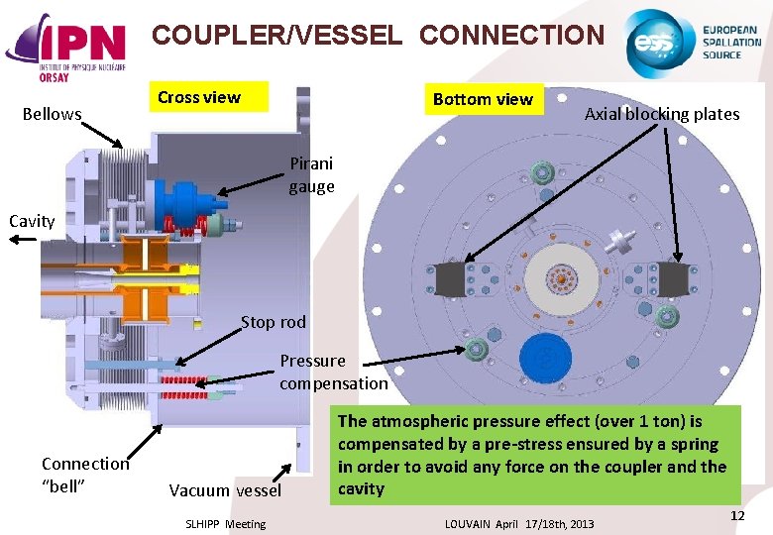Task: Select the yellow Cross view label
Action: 199,97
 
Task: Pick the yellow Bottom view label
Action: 483,99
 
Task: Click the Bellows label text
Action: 52,114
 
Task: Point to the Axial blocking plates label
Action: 662,114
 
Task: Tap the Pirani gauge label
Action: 311,174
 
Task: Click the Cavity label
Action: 32,221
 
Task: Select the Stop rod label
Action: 274,322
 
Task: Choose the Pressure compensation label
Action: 333,372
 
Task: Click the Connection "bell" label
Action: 85,474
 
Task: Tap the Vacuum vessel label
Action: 225,490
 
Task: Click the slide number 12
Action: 737,516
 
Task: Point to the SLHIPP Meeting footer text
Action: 226,524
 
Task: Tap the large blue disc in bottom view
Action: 543,358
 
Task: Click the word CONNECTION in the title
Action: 511,36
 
